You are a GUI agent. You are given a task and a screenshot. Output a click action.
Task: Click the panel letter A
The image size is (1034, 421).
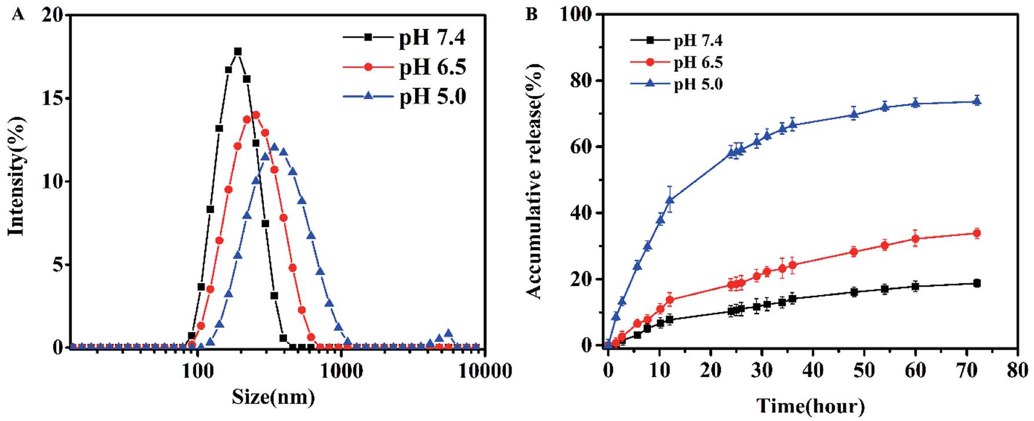(18, 14)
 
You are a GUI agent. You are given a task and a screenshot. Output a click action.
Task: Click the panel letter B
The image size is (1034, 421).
(531, 14)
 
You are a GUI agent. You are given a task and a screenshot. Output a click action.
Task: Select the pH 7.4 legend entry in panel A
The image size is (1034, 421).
(432, 38)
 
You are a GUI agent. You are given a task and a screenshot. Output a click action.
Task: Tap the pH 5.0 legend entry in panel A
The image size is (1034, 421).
(432, 96)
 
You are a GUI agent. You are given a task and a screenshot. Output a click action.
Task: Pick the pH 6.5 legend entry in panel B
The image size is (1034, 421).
(698, 63)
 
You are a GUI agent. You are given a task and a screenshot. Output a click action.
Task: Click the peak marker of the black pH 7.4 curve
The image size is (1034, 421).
(237, 51)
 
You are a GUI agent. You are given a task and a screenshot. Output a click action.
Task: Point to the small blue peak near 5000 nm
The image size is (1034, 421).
(448, 334)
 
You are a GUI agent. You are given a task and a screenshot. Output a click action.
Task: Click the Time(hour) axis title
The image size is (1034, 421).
(811, 406)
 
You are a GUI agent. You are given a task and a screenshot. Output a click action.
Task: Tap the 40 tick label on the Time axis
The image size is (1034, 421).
(812, 370)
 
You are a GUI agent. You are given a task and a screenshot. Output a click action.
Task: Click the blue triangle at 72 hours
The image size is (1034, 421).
(977, 101)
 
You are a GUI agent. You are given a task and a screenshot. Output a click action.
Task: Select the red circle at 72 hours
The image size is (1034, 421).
(977, 233)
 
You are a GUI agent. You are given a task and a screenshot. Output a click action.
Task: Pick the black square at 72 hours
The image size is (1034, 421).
(977, 283)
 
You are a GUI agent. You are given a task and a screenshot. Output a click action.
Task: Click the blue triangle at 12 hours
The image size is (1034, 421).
(669, 200)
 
